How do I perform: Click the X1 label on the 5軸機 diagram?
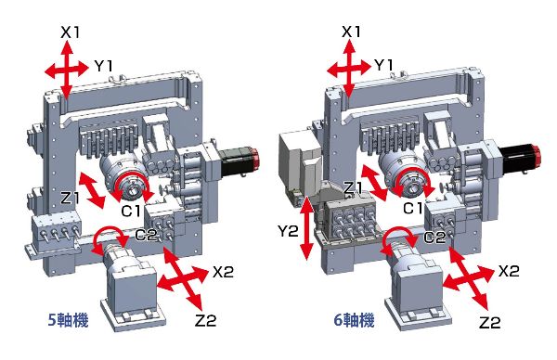click(70, 32)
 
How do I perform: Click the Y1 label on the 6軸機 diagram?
click(384, 65)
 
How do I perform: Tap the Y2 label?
click(288, 231)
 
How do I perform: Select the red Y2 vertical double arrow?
click(307, 227)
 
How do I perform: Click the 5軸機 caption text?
click(68, 321)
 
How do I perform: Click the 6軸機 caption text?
click(355, 321)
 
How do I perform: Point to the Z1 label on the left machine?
click(70, 198)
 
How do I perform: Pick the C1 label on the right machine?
click(413, 209)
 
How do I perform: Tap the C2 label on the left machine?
click(146, 235)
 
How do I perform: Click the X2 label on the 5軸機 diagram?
click(223, 272)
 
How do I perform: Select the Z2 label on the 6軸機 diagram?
click(489, 322)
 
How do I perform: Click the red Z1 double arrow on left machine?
click(92, 190)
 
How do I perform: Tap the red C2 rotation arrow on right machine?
click(398, 241)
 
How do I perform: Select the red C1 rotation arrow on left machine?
click(133, 184)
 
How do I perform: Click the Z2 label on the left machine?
click(206, 321)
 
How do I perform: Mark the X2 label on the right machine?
click(509, 271)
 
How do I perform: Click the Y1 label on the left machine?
click(103, 66)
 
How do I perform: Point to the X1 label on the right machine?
click(351, 32)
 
